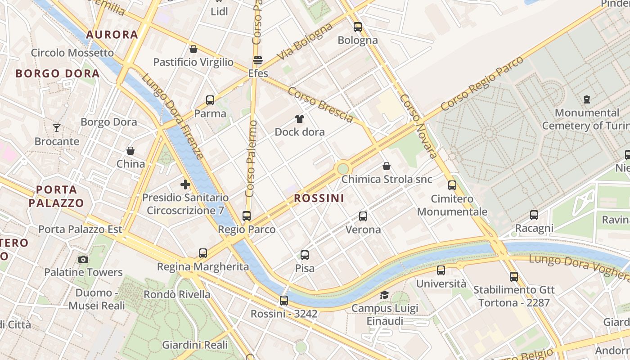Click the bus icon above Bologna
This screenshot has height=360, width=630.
click(358, 27)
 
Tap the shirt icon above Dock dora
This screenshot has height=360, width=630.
click(300, 119)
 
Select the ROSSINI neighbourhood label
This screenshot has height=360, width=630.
click(319, 198)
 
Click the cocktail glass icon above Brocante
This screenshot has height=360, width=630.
click(57, 128)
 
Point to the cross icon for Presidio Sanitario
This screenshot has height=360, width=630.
click(185, 184)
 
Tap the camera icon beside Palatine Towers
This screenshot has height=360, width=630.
click(83, 259)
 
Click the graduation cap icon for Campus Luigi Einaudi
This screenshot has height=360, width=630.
click(384, 295)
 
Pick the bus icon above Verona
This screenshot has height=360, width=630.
click(363, 216)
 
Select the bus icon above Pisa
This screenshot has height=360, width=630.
click(305, 255)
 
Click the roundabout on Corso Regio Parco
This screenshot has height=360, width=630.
click(343, 169)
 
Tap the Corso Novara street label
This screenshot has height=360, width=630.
click(418, 126)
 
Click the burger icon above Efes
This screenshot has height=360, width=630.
click(258, 60)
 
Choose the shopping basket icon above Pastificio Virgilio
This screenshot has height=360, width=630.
click(193, 49)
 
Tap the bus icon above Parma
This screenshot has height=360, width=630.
click(210, 100)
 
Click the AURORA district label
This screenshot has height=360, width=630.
click(112, 35)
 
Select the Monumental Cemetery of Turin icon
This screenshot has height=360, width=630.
click(587, 99)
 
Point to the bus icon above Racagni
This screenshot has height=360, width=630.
click(534, 215)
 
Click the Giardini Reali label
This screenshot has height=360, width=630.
click(195, 345)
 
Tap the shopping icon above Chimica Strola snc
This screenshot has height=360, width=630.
click(387, 166)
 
